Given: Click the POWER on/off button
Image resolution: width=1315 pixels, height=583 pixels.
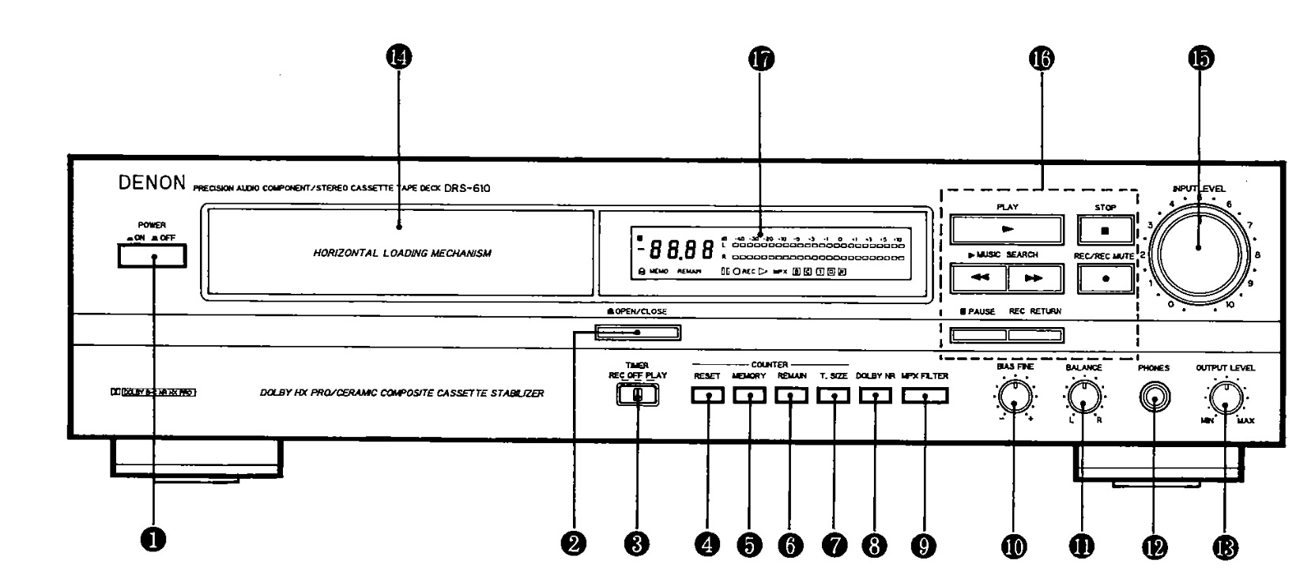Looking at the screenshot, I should [x=152, y=256].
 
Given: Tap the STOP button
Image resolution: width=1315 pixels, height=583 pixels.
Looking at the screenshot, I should [x=1105, y=230].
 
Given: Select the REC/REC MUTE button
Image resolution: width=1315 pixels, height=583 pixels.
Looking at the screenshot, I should [x=1105, y=278].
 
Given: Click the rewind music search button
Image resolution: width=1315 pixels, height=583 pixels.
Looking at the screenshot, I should [x=978, y=278].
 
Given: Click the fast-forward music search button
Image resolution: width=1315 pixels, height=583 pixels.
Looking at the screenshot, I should [x=1034, y=278].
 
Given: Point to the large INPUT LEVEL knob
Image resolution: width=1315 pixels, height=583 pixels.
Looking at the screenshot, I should [x=1198, y=248].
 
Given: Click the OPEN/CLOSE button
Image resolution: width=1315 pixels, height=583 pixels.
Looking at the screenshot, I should [x=637, y=332].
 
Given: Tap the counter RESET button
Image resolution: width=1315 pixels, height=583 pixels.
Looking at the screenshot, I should [x=707, y=396].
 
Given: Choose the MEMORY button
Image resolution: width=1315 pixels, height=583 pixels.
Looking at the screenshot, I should [x=748, y=396].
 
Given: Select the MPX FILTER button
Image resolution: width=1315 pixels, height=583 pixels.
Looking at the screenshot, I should [x=924, y=396].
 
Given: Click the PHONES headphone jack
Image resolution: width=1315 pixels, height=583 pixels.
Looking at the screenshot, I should [x=1155, y=398].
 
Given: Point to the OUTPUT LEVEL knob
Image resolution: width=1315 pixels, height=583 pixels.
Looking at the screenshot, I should [x=1225, y=399].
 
